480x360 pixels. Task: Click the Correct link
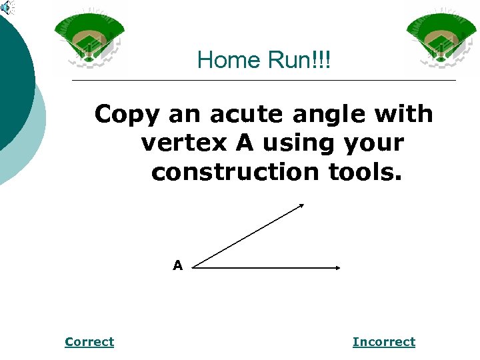click(x=89, y=342)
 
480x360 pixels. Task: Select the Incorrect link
click(x=383, y=342)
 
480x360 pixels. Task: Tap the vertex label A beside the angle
click(x=177, y=265)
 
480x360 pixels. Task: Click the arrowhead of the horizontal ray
click(x=337, y=268)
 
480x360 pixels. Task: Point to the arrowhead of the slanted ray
click(x=300, y=206)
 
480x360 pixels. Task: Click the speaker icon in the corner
click(x=7, y=8)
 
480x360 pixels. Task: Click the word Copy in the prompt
click(x=127, y=115)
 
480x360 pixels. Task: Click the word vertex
click(x=180, y=143)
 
